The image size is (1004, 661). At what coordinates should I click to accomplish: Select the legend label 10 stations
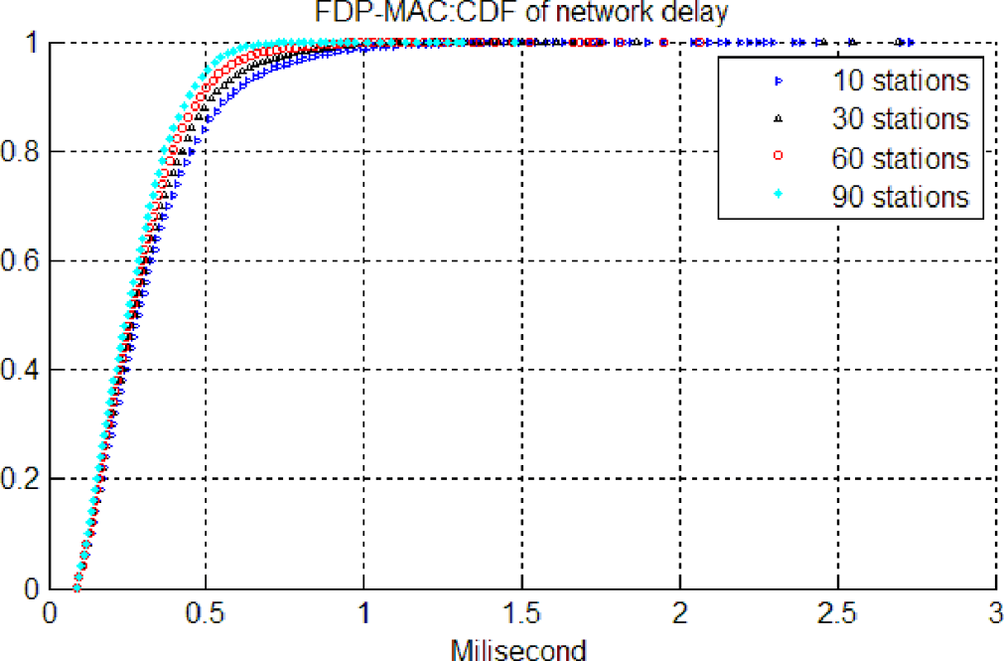click(900, 79)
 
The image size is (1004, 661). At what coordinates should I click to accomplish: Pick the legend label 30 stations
click(900, 118)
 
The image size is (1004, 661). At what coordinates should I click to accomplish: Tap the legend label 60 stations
click(900, 158)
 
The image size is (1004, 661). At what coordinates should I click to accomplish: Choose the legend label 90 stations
click(900, 197)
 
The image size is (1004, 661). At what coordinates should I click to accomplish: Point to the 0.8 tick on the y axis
click(21, 152)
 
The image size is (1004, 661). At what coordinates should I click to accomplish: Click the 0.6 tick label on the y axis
click(21, 261)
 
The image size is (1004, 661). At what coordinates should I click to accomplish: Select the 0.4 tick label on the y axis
click(21, 370)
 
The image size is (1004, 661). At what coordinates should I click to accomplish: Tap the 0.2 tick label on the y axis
click(21, 479)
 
